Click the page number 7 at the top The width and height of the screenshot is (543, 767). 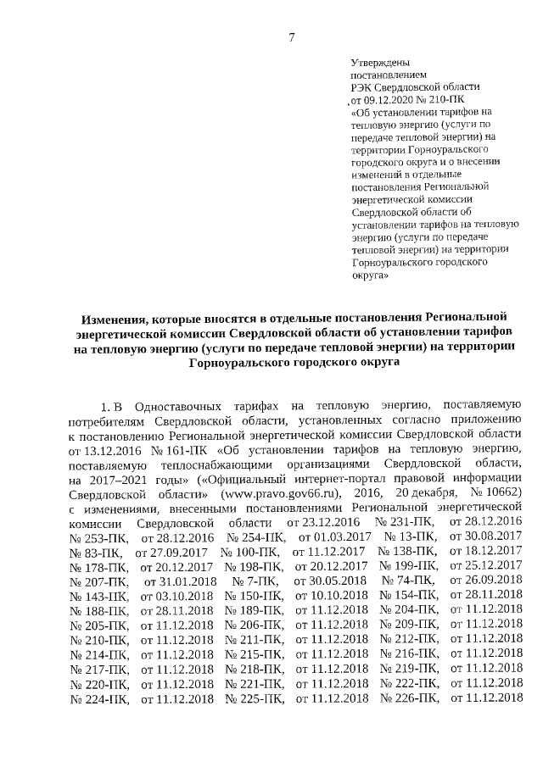click(291, 36)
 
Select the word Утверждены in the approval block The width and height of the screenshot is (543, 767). click(381, 63)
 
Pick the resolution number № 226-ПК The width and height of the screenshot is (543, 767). click(409, 698)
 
